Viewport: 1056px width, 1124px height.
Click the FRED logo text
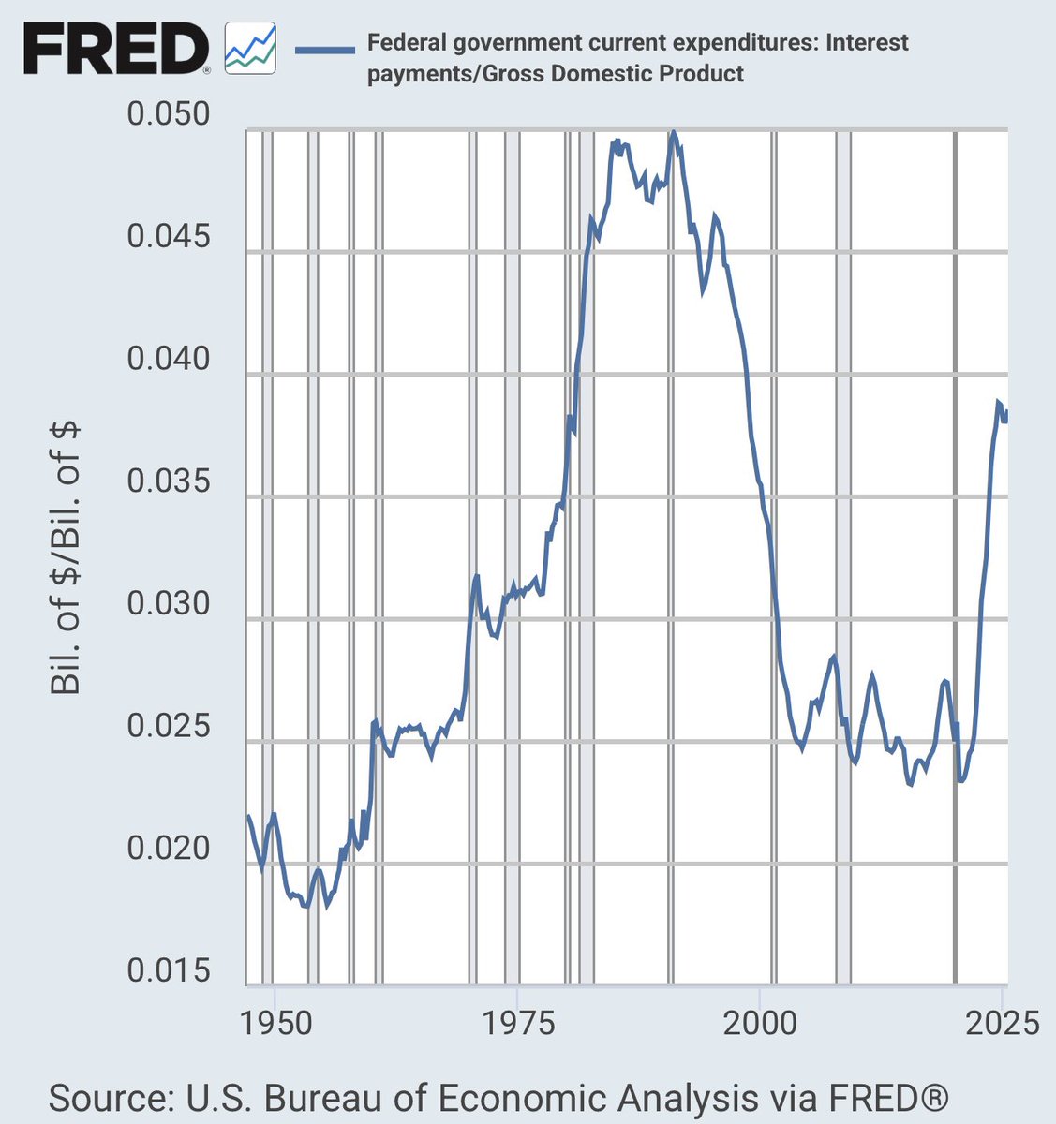click(x=114, y=49)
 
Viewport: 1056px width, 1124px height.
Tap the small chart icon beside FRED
click(x=250, y=50)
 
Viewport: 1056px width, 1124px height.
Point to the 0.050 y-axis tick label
click(x=169, y=115)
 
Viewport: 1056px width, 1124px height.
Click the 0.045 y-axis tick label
click(x=169, y=237)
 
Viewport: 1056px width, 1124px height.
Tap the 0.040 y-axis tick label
click(x=169, y=360)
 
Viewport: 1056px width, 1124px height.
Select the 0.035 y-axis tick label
click(x=169, y=482)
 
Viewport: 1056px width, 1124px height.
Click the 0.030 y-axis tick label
click(x=169, y=604)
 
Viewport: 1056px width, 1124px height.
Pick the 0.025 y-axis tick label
click(x=169, y=727)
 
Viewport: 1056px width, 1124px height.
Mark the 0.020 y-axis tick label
click(x=169, y=849)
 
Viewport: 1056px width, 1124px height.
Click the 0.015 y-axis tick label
click(x=169, y=971)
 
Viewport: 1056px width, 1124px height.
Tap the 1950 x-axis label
click(x=274, y=1022)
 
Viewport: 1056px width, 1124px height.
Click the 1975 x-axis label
click(x=517, y=1022)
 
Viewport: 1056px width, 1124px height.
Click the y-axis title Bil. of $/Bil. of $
click(x=66, y=558)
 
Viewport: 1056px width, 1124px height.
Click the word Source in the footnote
click(x=108, y=1097)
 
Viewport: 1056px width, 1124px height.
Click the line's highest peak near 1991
click(x=673, y=134)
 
